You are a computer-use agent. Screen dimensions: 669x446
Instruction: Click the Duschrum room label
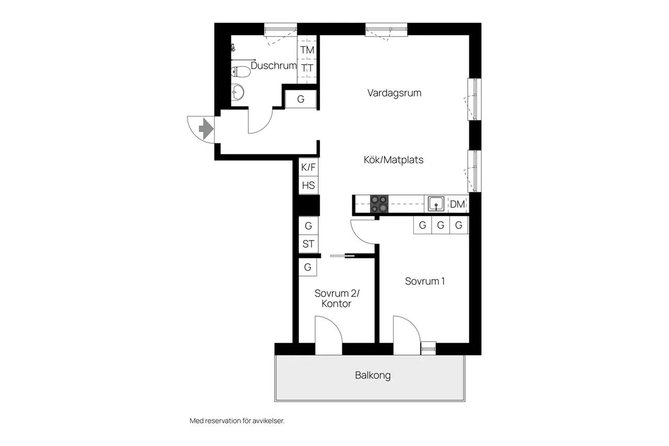point(273,65)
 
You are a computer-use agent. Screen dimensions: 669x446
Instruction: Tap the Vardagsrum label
point(394,93)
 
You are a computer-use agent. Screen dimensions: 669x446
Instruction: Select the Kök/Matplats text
point(394,160)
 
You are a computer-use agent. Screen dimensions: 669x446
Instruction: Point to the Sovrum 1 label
point(425,281)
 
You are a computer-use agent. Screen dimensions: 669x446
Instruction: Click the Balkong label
point(373,375)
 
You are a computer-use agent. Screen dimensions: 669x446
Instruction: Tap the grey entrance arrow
point(206,129)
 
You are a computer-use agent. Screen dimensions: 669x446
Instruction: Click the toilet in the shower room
point(240,72)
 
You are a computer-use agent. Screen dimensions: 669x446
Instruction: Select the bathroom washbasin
point(237,92)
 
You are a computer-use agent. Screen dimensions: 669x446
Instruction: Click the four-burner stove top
point(379,204)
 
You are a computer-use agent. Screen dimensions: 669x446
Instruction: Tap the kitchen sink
point(436,204)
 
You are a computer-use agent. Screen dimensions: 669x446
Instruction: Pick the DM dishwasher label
point(457,204)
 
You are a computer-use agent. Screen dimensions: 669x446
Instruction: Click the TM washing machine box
point(307,50)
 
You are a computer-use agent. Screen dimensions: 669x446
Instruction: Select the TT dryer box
point(307,68)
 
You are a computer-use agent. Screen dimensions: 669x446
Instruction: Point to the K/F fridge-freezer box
point(308,167)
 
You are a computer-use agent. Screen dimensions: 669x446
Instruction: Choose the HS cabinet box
point(308,185)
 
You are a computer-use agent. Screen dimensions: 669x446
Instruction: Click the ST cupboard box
point(308,244)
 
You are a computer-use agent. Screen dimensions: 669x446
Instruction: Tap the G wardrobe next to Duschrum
point(301,99)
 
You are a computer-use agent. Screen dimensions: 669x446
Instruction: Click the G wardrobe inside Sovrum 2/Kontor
point(308,267)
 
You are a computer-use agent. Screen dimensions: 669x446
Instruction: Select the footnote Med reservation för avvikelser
point(237,421)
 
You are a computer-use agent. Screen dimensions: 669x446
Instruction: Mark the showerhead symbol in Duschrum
point(233,48)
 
